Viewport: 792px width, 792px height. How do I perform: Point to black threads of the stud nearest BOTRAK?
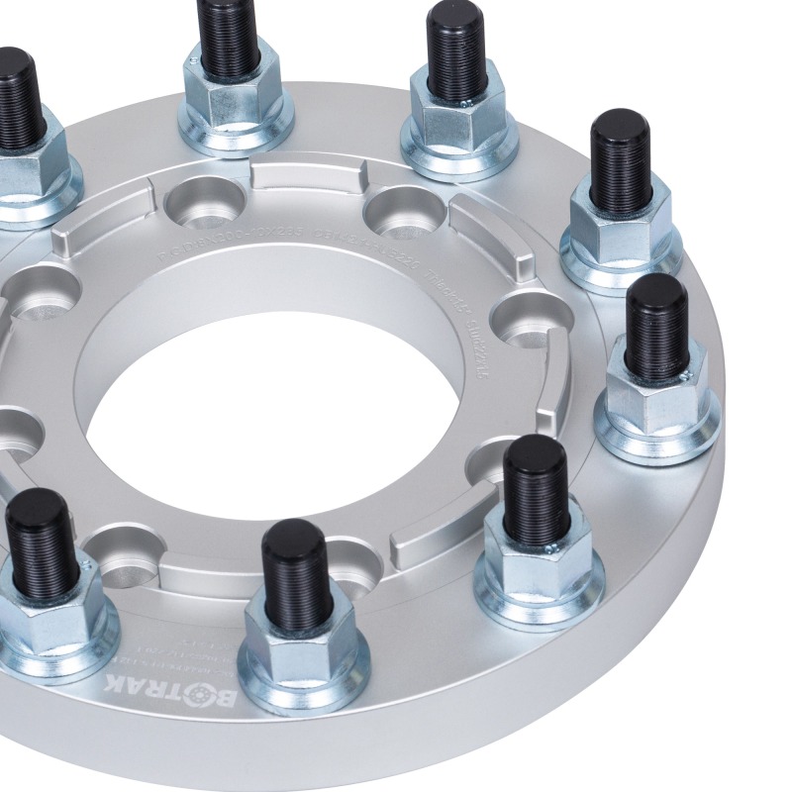(294, 564)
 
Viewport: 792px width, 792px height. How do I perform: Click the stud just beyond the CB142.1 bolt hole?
(456, 59)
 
